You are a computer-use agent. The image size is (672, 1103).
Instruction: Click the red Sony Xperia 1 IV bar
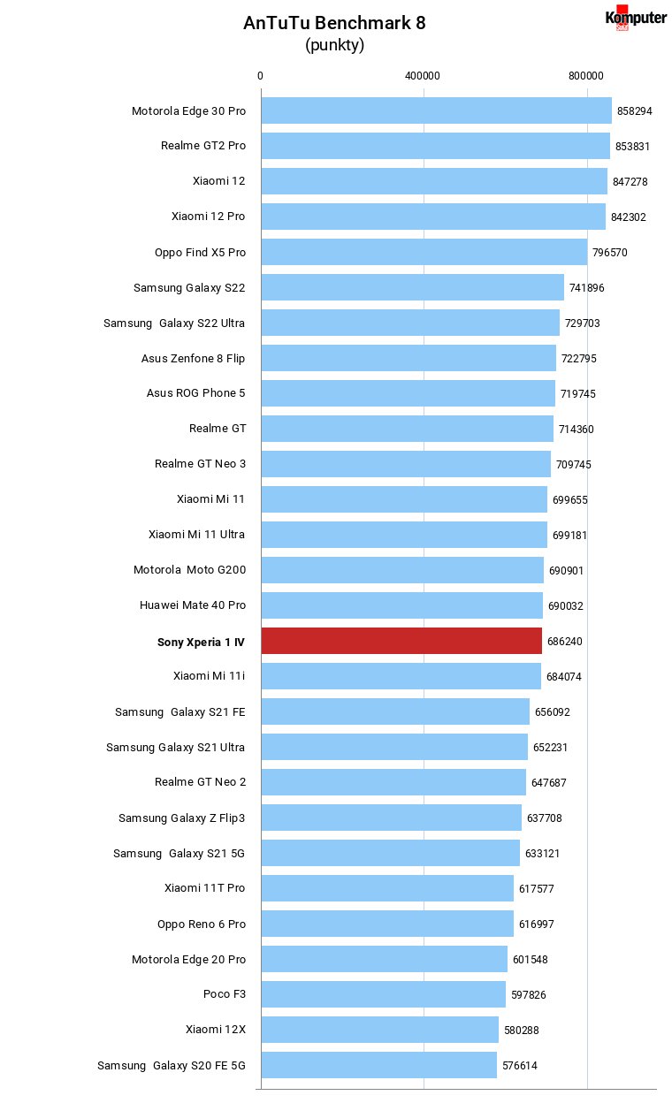tap(401, 641)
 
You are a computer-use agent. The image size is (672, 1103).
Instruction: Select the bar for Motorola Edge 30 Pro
tap(437, 110)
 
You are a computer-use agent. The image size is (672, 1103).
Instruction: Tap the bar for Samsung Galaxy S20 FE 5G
tap(378, 1065)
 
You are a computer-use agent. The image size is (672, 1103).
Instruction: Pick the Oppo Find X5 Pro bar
tap(424, 252)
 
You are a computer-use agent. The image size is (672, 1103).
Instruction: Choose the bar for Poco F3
tap(383, 994)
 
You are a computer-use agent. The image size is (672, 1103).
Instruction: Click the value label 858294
tap(635, 111)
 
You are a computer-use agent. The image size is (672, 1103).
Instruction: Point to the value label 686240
tap(565, 642)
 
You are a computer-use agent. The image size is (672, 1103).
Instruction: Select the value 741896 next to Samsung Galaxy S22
tap(586, 288)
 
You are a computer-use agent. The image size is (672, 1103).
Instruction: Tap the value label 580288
tap(522, 1031)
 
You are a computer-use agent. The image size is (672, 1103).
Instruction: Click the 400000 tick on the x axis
tap(423, 76)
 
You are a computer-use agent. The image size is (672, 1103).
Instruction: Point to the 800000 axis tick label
tap(585, 76)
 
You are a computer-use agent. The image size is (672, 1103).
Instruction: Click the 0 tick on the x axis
tap(260, 76)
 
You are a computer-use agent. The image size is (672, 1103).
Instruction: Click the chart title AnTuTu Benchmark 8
tap(334, 23)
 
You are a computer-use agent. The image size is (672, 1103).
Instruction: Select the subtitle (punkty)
tap(334, 45)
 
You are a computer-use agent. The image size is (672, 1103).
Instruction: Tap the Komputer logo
tap(636, 19)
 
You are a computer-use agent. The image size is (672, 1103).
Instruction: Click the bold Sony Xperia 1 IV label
tap(201, 643)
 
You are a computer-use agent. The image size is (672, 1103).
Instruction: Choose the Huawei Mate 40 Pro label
tap(193, 605)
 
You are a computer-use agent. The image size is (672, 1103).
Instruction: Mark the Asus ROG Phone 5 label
tap(195, 393)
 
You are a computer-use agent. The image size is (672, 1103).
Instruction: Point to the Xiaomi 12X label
tap(215, 1029)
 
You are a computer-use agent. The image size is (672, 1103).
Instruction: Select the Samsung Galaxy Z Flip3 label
tap(182, 818)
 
